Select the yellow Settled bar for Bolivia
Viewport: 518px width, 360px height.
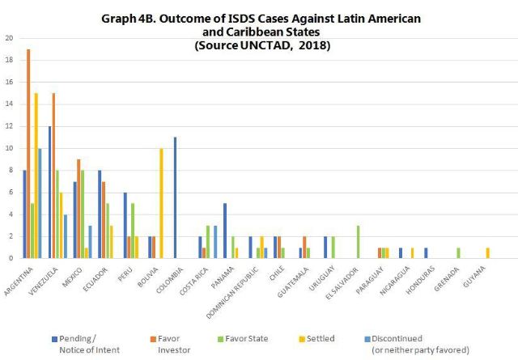pyautogui.click(x=162, y=203)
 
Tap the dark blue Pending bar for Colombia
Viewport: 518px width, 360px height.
pyautogui.click(x=174, y=197)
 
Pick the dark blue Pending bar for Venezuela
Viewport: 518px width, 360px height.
pyautogui.click(x=50, y=192)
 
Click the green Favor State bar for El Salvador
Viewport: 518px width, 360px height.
pyautogui.click(x=358, y=242)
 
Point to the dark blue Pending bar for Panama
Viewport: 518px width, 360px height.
pyautogui.click(x=224, y=231)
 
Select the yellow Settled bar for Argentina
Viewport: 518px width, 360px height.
pyautogui.click(x=36, y=176)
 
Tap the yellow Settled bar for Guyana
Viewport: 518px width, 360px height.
pyautogui.click(x=487, y=252)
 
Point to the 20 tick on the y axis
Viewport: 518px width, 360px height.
pyautogui.click(x=8, y=38)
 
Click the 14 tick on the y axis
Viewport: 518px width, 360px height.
pyautogui.click(x=8, y=104)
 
